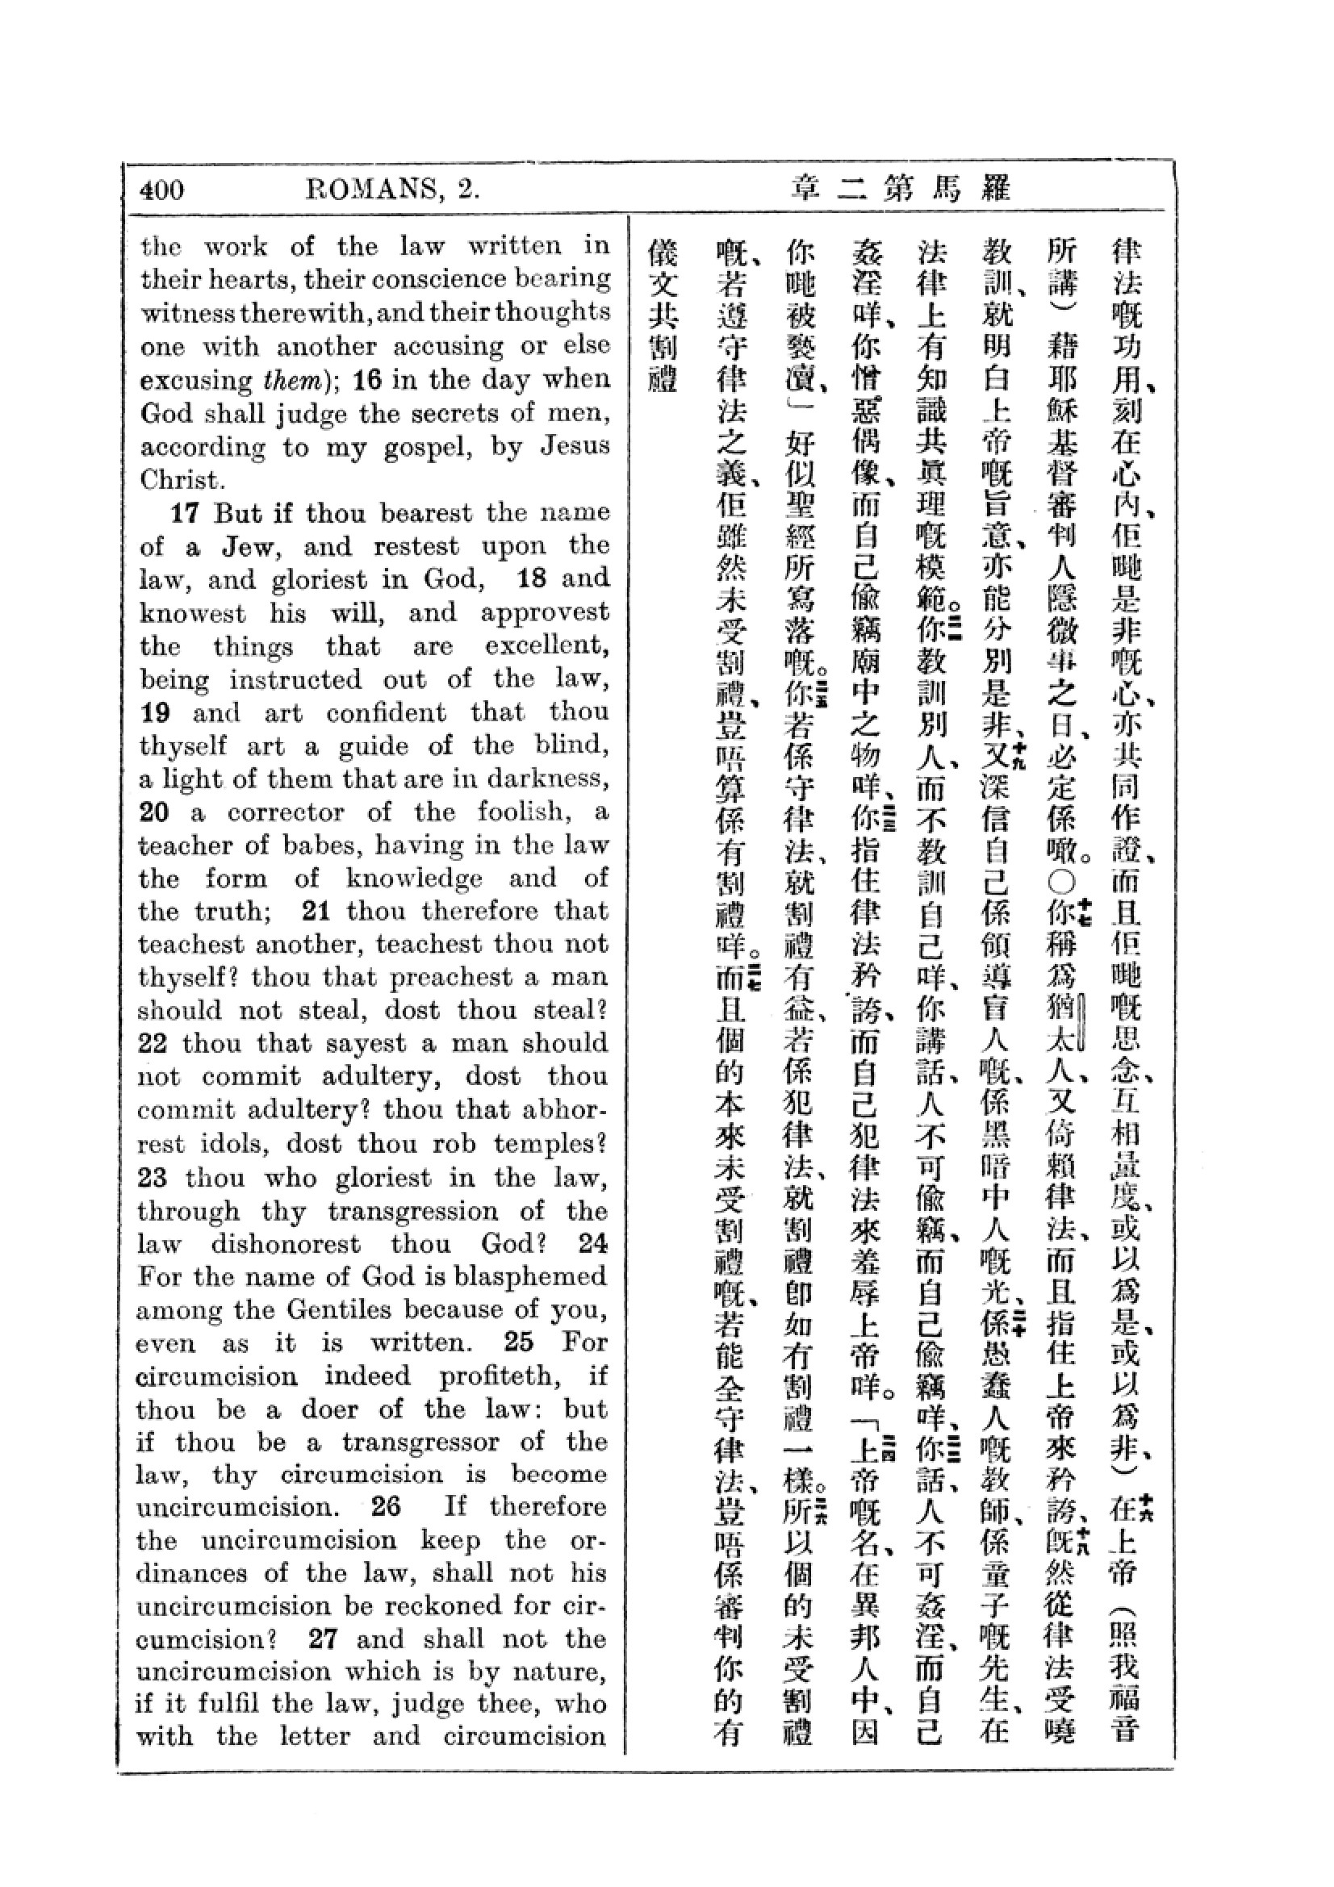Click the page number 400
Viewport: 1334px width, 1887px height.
click(162, 190)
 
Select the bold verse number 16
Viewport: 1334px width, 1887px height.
click(367, 380)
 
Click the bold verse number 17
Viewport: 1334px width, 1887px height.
click(185, 513)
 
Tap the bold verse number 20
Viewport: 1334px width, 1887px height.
click(154, 812)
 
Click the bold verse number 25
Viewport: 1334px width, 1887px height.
click(519, 1342)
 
